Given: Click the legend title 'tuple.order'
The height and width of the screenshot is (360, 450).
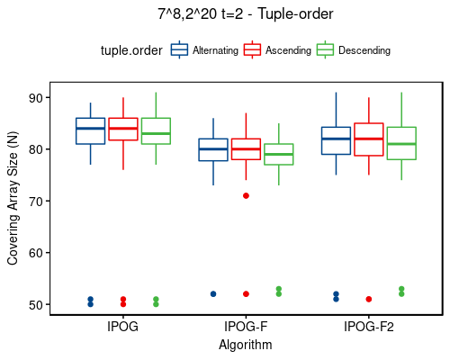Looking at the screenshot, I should tap(131, 51).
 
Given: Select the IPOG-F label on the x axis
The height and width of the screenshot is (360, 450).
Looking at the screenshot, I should tap(246, 327).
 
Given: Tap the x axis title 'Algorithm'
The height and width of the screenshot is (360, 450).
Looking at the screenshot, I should tap(246, 344).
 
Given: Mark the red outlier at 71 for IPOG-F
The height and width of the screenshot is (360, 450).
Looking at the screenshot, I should tap(246, 195).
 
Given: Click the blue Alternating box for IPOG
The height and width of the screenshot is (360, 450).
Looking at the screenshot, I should tap(90, 130).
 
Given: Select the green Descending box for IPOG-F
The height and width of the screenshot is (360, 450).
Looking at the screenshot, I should tap(279, 154).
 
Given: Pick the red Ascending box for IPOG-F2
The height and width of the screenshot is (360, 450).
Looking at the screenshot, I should tap(369, 139).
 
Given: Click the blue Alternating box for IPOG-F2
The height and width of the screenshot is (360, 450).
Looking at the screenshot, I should tap(336, 140).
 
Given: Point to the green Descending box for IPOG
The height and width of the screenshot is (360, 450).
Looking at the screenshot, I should tap(156, 130).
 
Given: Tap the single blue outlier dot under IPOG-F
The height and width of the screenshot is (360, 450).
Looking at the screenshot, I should tap(213, 293).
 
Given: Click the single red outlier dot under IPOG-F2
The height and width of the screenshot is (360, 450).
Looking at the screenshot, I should tap(369, 299).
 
